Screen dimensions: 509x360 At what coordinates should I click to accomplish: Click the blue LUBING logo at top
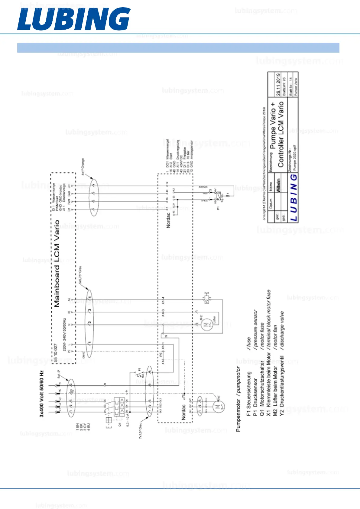pos(74,19)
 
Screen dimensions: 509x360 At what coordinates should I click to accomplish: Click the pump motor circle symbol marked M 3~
pos(218,407)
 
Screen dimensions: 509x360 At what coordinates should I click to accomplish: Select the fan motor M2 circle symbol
pos(205,325)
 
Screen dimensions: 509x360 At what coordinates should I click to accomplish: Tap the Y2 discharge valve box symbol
pos(207,300)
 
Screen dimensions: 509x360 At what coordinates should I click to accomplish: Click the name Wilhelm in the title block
pos(278,185)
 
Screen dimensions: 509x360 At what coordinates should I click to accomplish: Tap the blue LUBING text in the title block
pos(294,198)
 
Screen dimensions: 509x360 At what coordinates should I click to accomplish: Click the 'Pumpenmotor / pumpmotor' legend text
pos(238,399)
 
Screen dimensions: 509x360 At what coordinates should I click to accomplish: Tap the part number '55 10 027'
pos(56,352)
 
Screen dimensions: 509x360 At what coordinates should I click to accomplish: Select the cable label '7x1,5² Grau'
pos(141,430)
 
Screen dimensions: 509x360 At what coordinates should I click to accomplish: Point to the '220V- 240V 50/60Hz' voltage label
pos(64,334)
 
